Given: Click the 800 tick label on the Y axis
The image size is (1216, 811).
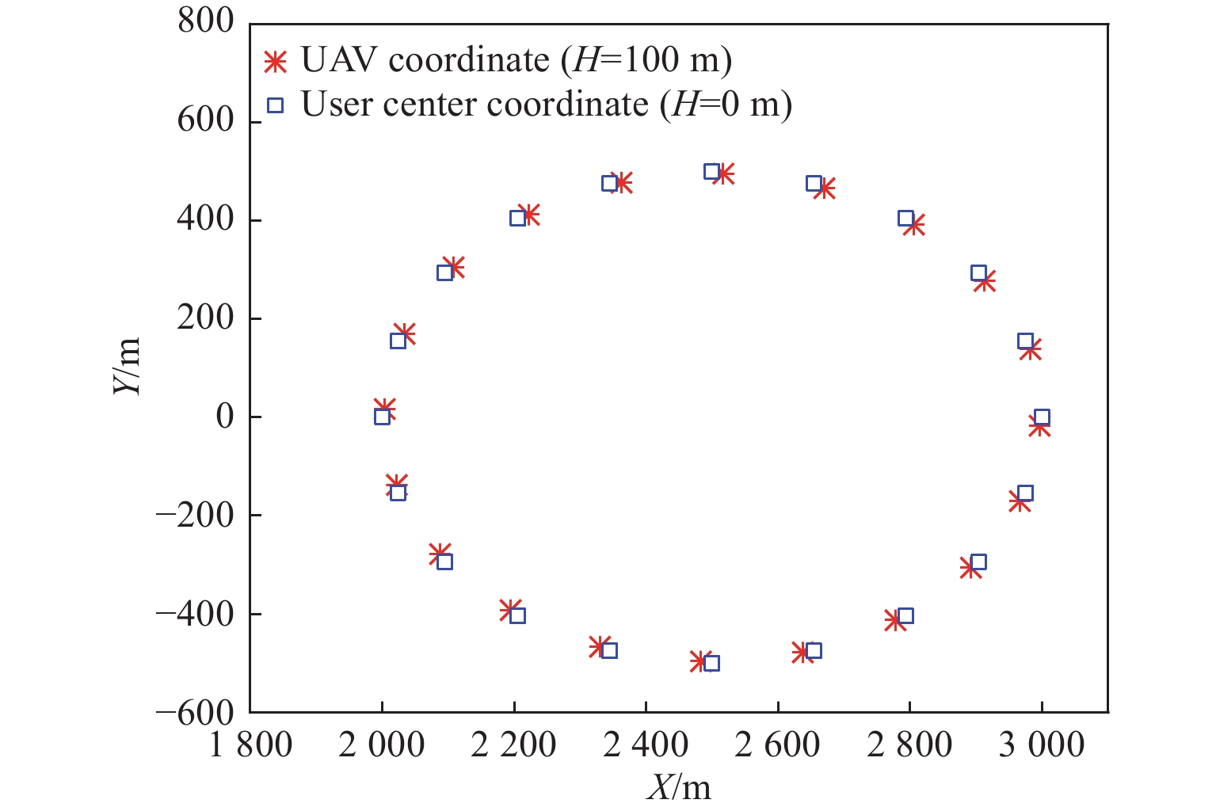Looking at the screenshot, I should (x=206, y=22).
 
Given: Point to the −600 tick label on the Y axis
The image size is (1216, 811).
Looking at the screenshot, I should (x=195, y=713).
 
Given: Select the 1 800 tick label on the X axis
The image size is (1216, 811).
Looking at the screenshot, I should (x=250, y=745).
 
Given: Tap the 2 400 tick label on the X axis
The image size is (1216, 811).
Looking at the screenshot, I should (x=646, y=745).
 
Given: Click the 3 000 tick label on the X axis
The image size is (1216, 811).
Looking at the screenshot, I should (x=1041, y=745).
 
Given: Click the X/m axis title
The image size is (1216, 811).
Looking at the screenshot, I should (x=679, y=787).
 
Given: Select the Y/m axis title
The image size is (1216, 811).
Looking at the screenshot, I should (x=127, y=366).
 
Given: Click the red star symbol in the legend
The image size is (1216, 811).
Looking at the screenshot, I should (x=275, y=62).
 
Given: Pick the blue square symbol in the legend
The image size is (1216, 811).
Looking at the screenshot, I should (x=275, y=105).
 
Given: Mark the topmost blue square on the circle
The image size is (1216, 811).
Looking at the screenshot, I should (x=711, y=172).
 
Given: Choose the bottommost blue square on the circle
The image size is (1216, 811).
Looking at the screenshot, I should (x=711, y=663).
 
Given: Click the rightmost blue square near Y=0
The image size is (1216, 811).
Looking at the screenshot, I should (x=1042, y=417).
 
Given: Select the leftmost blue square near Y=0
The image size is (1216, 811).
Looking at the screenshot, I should (x=382, y=417).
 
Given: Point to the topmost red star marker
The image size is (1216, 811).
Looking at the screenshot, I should (x=723, y=174).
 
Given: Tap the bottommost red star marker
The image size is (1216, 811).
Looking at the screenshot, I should (x=698, y=661).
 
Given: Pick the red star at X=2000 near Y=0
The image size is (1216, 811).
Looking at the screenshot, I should (x=385, y=409).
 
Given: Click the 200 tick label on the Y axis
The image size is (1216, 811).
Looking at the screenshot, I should (x=206, y=318).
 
